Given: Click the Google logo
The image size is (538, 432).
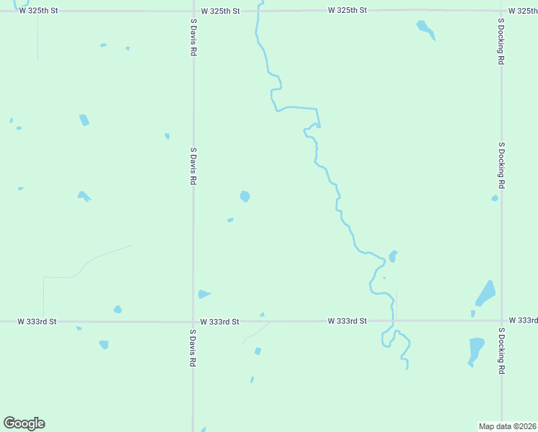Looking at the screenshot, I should pyautogui.click(x=24, y=423).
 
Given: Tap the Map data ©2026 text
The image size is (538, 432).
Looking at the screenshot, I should pyautogui.click(x=507, y=426).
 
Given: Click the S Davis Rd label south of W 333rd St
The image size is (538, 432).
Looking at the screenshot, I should pyautogui.click(x=193, y=349).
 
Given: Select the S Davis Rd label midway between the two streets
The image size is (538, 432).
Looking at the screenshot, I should pyautogui.click(x=193, y=167).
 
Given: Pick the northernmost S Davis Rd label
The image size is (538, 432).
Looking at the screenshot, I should pyautogui.click(x=193, y=37).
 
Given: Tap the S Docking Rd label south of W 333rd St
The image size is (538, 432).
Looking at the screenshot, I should pyautogui.click(x=501, y=351).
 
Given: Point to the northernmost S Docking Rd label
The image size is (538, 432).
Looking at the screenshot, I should pyautogui.click(x=501, y=42).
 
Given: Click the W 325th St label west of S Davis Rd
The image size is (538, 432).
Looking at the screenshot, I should pyautogui.click(x=37, y=11).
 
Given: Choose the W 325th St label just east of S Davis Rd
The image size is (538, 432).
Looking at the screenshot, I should pyautogui.click(x=220, y=11).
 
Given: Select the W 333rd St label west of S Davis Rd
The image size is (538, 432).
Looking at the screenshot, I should pyautogui.click(x=37, y=320).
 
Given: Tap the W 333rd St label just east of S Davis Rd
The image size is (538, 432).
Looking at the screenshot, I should pyautogui.click(x=219, y=321).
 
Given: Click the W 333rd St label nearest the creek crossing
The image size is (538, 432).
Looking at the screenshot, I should pyautogui.click(x=347, y=320).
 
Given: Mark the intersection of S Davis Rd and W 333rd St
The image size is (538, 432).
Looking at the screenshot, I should pyautogui.click(x=193, y=321).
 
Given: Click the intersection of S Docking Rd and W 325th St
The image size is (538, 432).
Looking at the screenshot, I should pyautogui.click(x=501, y=11).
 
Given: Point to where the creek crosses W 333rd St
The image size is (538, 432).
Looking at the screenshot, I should pyautogui.click(x=393, y=320).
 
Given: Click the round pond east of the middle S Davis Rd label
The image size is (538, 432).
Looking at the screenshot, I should pyautogui.click(x=245, y=196).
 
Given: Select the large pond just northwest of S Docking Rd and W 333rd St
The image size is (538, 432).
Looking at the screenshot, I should pyautogui.click(x=485, y=293).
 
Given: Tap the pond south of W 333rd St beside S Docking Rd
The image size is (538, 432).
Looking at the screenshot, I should pyautogui.click(x=476, y=349).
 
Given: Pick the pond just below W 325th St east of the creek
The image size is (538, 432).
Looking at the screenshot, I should pyautogui.click(x=426, y=29).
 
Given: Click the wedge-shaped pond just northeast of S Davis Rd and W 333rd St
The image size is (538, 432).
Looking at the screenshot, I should pyautogui.click(x=204, y=294).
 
